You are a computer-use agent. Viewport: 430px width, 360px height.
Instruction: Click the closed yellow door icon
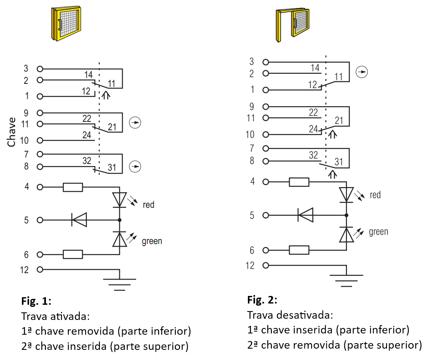coord(66,24)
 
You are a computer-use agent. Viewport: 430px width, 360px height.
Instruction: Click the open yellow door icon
coord(292,25)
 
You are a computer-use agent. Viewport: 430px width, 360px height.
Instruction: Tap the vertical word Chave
coord(11,132)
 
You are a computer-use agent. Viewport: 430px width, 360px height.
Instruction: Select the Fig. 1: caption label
coord(36,301)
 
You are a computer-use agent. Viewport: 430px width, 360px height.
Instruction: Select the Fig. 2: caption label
coord(262,300)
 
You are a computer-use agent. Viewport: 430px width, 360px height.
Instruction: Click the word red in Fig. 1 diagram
coord(148,204)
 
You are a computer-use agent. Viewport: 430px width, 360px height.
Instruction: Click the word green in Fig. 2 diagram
coord(379,232)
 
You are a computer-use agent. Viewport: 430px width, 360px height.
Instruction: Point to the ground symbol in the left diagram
coord(120,285)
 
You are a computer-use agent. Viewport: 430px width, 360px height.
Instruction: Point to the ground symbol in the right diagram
coord(347,280)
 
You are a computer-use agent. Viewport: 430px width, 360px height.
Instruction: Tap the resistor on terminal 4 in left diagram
coord(73,187)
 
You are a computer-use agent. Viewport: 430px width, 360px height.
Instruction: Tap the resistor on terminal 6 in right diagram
coord(299,250)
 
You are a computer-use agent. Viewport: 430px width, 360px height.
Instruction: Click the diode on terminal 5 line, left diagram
coord(79,220)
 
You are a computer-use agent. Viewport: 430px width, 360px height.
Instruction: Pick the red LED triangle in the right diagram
coord(347,195)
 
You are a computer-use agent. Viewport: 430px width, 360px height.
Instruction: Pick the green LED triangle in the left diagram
coord(120,239)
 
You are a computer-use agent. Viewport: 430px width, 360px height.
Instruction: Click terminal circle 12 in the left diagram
coord(40,269)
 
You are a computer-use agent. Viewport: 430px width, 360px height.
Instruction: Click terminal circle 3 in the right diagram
coord(266,62)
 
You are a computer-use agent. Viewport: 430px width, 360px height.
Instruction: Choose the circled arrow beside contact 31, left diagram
coord(135,167)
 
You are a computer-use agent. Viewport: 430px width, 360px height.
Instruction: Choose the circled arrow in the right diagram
coord(362,72)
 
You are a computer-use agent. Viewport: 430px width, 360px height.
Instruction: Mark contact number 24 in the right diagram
coord(313,129)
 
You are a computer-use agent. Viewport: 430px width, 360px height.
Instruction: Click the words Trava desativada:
coord(290,315)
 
